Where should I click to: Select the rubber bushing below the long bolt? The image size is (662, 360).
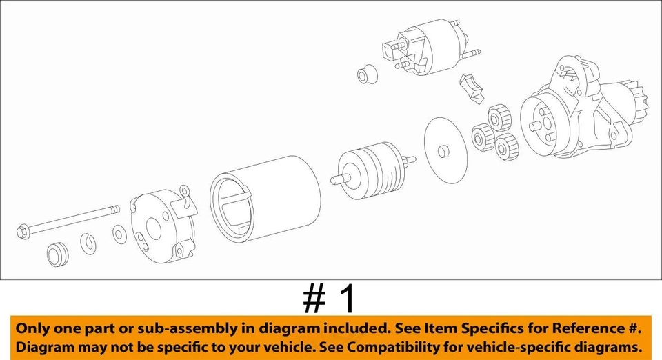pos(57,254)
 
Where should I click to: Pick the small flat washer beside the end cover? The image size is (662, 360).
pos(119,235)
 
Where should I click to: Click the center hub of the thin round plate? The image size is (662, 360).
pos(441,149)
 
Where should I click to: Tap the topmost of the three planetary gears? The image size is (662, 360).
pos(498,117)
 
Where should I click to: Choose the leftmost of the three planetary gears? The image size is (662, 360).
pos(481,137)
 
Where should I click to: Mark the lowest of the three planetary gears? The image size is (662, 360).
pos(507,145)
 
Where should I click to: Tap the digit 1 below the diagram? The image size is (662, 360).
pos(348,299)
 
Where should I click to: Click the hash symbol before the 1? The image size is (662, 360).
pos(314,299)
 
